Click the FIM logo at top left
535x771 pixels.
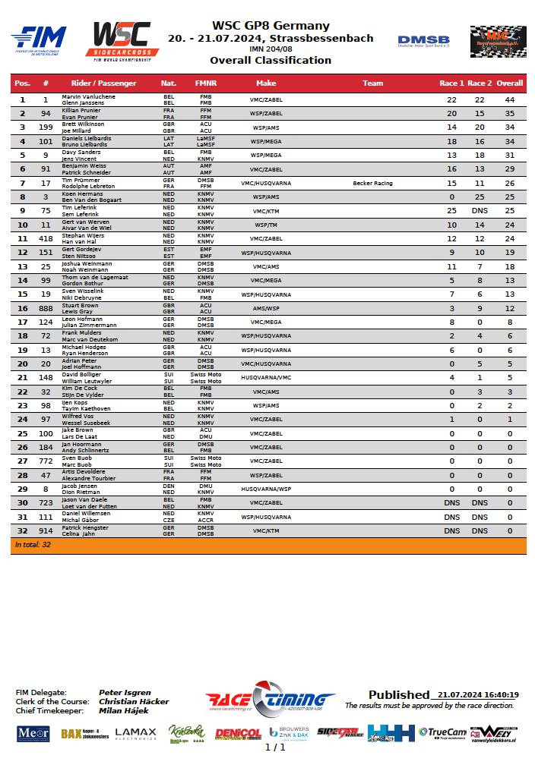39,39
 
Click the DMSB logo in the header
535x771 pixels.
423,40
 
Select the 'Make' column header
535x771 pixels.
266,83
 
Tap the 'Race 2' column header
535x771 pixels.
480,83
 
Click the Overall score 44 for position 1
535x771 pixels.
510,100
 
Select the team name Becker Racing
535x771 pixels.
372,184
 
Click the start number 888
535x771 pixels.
46,308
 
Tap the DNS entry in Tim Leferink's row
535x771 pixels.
480,211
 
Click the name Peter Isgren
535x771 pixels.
125,693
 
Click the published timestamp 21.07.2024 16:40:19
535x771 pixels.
478,695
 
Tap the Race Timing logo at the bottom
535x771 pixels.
270,699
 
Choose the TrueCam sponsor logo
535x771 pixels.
440,733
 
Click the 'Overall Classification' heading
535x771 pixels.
271,61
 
